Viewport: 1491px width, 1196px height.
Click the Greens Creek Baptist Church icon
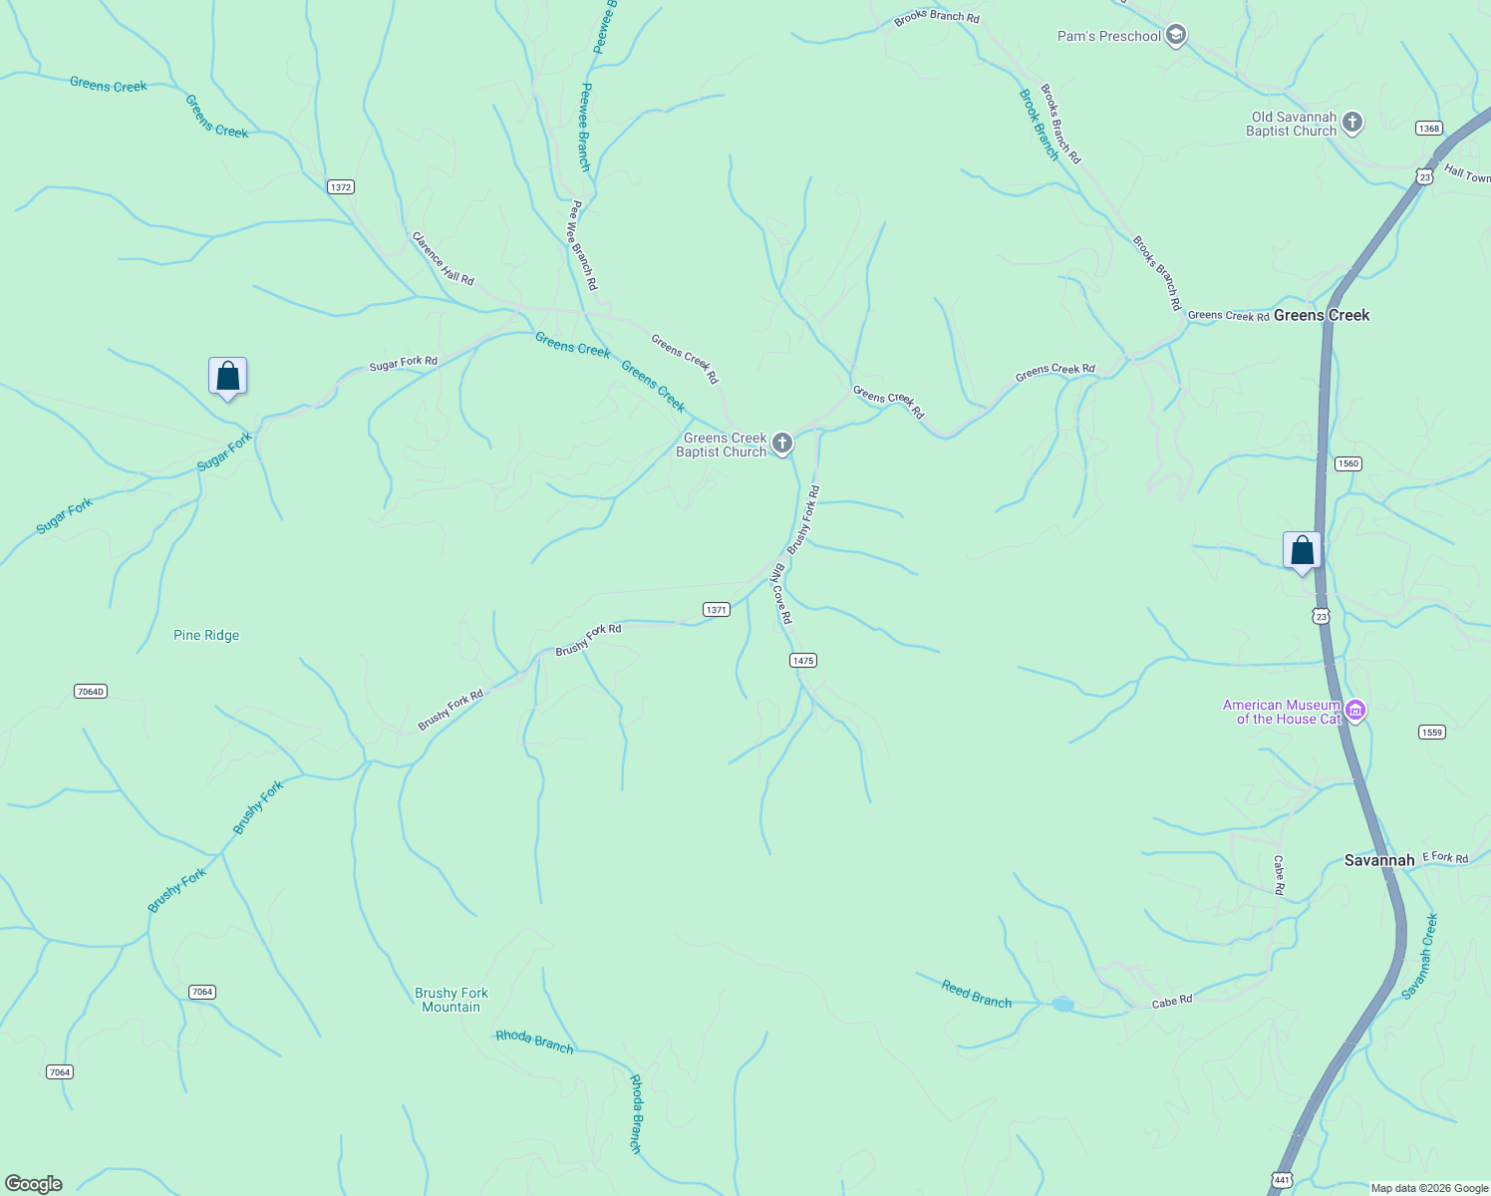tap(782, 444)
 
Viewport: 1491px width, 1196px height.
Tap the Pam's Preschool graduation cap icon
tap(1176, 36)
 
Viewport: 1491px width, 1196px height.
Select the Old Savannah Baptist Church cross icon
tap(1352, 123)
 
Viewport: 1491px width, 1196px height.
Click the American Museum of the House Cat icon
tap(1354, 711)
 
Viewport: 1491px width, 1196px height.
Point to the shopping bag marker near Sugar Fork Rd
tap(228, 377)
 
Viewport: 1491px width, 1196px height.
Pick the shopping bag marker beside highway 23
tap(1302, 551)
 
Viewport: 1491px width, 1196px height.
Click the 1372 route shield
tap(341, 187)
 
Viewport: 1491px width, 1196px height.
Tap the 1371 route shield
tap(717, 610)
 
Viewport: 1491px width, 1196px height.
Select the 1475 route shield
tap(803, 661)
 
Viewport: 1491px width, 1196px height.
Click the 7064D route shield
tap(91, 692)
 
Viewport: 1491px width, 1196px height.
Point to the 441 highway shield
tap(1282, 1180)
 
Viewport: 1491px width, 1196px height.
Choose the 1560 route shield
tap(1348, 463)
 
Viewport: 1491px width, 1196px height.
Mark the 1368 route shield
tap(1429, 129)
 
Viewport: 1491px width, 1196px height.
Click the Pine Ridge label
tap(206, 635)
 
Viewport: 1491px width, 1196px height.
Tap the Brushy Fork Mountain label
tap(451, 1000)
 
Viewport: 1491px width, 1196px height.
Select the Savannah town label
tap(1378, 860)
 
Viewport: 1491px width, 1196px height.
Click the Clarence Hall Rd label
tap(444, 258)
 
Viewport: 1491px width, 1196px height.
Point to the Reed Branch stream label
tap(977, 995)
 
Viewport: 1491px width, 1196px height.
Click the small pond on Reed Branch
tap(1062, 1004)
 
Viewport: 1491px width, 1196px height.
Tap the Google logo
tap(34, 1184)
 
